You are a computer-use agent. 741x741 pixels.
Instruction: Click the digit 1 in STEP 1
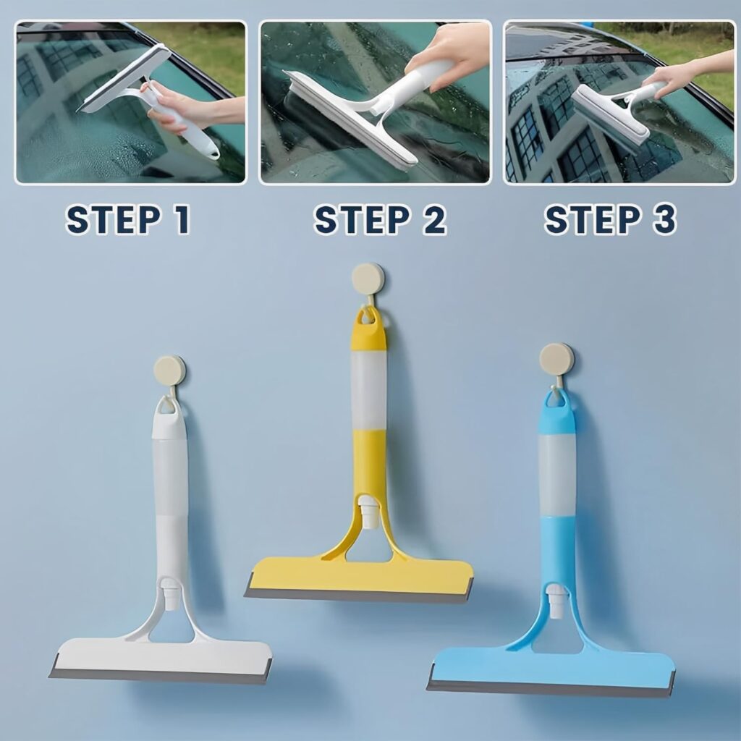[179, 220]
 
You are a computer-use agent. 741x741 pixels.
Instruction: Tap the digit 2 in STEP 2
[433, 220]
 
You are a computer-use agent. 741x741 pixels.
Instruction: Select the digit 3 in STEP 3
[664, 220]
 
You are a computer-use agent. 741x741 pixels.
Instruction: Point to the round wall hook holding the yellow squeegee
[368, 278]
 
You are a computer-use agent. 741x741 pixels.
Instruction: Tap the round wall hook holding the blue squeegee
[557, 359]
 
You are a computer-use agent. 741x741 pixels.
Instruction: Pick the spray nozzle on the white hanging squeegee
[169, 594]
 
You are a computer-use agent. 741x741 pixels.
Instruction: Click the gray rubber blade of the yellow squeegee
[357, 595]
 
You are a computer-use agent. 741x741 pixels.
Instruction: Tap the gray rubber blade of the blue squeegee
[550, 687]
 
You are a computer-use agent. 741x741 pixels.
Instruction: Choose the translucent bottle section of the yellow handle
[369, 390]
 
